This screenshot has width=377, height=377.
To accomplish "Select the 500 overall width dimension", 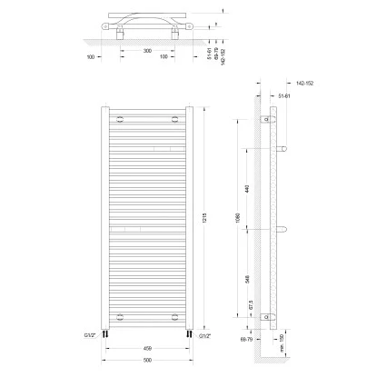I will [x=146, y=359].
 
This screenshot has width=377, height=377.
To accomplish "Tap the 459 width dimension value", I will [x=146, y=347].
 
